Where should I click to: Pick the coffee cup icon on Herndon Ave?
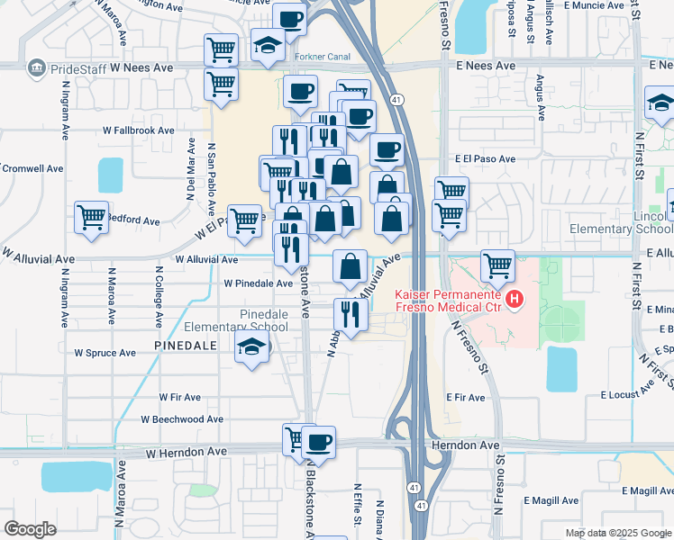coord(317,442)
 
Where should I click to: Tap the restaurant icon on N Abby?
coord(350,314)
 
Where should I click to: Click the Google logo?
coord(30,529)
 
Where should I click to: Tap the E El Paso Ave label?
coord(485,159)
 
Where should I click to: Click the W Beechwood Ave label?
coord(182,419)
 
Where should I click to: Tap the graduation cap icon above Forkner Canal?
coord(268,46)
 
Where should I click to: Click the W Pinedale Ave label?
coord(259,283)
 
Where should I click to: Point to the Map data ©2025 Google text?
coord(618,533)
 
